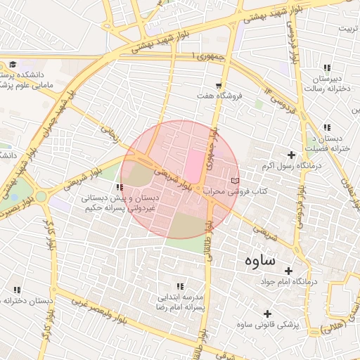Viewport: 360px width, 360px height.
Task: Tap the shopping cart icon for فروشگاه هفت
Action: pyautogui.click(x=219, y=85)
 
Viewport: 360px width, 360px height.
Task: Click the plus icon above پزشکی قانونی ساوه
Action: pyautogui.click(x=266, y=314)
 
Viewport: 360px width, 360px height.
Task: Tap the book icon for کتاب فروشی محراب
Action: pyautogui.click(x=235, y=181)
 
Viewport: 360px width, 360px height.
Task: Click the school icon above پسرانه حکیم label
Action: pyautogui.click(x=120, y=187)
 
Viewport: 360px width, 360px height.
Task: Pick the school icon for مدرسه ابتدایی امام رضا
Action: pyautogui.click(x=181, y=286)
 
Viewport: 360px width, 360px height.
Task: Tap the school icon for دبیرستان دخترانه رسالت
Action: pyautogui.click(x=326, y=66)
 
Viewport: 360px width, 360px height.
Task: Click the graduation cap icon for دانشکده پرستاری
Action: pyautogui.click(x=13, y=64)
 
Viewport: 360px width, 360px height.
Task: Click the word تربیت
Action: pyautogui.click(x=347, y=29)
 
